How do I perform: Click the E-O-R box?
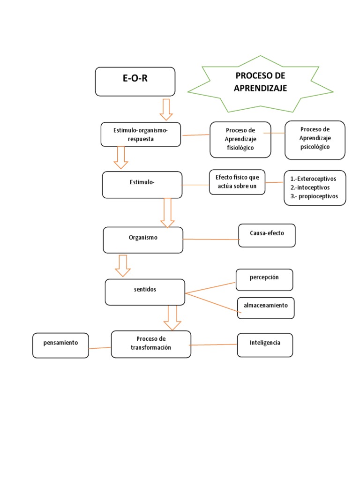[135, 82]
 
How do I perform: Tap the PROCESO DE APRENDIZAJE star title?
[261, 82]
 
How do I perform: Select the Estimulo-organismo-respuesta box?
[141, 135]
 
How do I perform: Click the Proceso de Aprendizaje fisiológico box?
[240, 139]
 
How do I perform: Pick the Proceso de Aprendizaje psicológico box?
[315, 140]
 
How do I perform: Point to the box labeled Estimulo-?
[142, 185]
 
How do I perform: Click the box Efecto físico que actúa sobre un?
[237, 182]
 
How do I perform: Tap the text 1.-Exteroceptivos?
[313, 179]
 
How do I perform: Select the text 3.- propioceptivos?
[314, 196]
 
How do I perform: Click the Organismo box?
[143, 240]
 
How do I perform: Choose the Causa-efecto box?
[267, 235]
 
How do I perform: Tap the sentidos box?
[145, 292]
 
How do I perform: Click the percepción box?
[264, 279]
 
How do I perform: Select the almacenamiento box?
[266, 307]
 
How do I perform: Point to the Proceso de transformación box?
[151, 344]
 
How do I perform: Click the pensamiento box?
[60, 345]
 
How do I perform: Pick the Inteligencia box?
[265, 345]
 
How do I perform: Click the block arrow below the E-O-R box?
[166, 110]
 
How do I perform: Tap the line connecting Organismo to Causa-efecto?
[211, 239]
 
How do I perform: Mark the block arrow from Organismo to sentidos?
[123, 266]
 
